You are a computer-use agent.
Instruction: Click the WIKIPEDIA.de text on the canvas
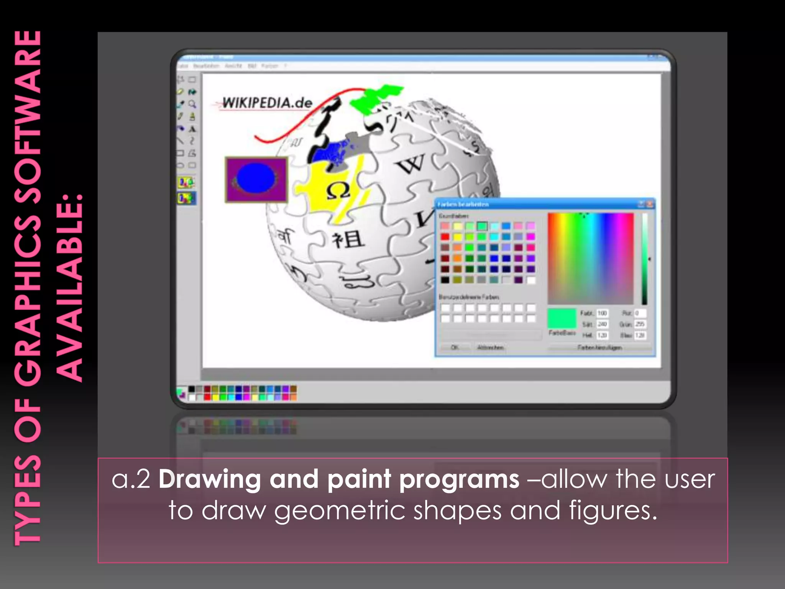pyautogui.click(x=267, y=103)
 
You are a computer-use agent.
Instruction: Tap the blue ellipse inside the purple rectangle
pyautogui.click(x=256, y=178)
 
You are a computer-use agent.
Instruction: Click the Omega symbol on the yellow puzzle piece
pyautogui.click(x=338, y=191)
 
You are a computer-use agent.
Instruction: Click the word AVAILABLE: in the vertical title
pyautogui.click(x=69, y=288)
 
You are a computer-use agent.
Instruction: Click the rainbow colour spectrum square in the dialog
pyautogui.click(x=591, y=258)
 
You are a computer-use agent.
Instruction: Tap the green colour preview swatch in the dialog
pyautogui.click(x=562, y=318)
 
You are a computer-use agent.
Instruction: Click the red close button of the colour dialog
pyautogui.click(x=650, y=204)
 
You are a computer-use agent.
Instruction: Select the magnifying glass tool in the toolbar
pyautogui.click(x=192, y=104)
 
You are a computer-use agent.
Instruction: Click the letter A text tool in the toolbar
pyautogui.click(x=192, y=129)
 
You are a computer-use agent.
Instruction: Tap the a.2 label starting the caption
pyautogui.click(x=131, y=479)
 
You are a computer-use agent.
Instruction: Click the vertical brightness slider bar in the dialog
pyautogui.click(x=645, y=259)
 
